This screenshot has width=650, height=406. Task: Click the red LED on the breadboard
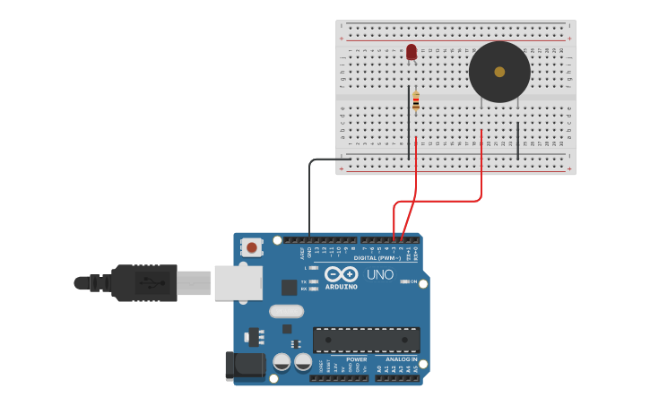click(x=412, y=52)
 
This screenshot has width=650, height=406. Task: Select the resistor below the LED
click(x=416, y=101)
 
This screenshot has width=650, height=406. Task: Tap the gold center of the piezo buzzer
click(x=499, y=72)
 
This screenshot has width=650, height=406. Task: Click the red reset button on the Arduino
click(x=252, y=247)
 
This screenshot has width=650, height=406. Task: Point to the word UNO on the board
click(x=380, y=274)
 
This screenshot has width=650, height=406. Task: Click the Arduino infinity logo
click(x=341, y=273)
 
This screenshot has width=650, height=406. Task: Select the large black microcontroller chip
click(x=366, y=340)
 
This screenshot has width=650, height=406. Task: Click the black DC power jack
click(x=244, y=365)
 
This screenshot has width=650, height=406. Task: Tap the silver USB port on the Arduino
click(x=238, y=282)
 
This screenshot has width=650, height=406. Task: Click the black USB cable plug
click(x=143, y=282)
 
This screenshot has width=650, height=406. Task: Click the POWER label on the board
click(x=356, y=359)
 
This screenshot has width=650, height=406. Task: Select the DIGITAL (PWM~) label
click(x=377, y=258)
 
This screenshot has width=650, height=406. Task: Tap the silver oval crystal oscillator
click(x=287, y=312)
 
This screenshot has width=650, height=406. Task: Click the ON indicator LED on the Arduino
click(x=404, y=281)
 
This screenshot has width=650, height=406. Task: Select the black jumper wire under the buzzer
click(x=517, y=141)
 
